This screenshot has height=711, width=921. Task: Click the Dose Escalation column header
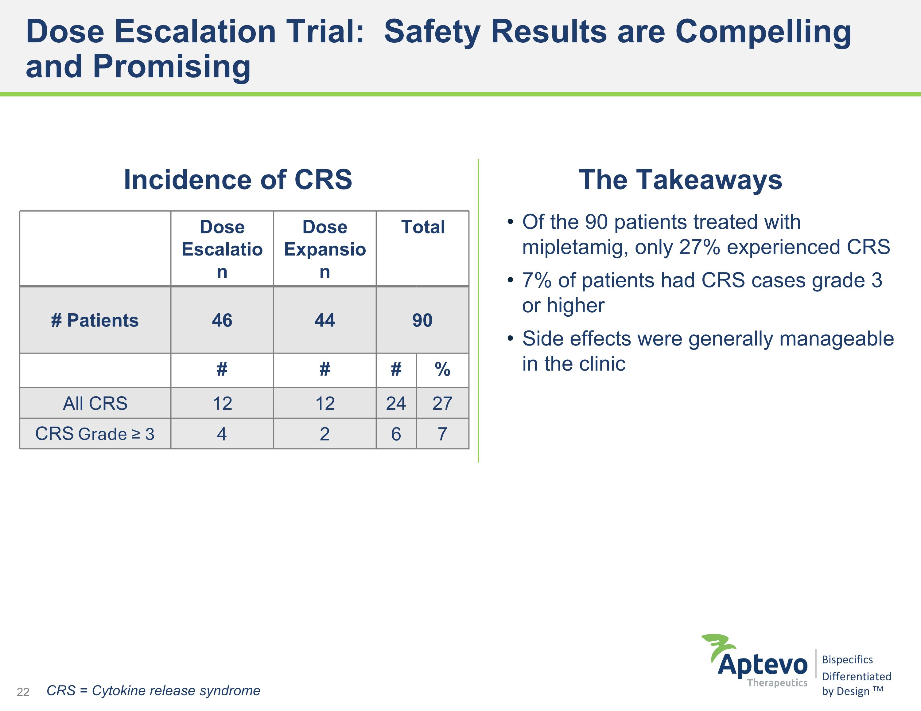pos(222,249)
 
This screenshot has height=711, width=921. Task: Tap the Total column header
pos(422,227)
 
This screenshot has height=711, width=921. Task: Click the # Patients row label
pos(95,320)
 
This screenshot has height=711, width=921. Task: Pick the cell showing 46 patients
pos(222,320)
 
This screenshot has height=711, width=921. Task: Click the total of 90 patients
pos(422,320)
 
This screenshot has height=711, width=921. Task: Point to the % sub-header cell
pos(442,370)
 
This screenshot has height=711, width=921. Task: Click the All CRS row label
pos(95,403)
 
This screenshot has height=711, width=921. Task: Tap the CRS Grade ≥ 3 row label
pos(95,434)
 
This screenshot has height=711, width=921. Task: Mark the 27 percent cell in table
pos(442,403)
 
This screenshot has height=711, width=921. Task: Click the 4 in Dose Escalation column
pos(222,434)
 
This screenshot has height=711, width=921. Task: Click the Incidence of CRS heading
pos(238,180)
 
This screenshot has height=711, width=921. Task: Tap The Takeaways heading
pos(680,180)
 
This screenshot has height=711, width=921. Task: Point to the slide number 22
pos(23,692)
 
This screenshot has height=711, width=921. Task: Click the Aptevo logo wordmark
pos(763,665)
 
